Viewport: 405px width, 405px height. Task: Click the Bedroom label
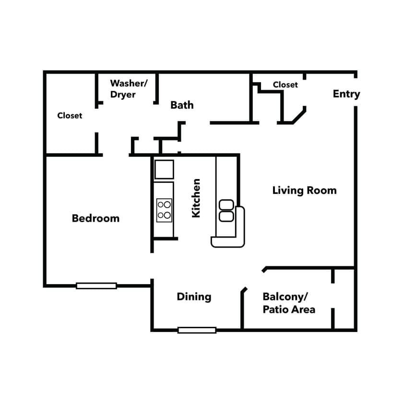pos(95,218)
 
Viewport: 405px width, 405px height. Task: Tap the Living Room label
pos(304,191)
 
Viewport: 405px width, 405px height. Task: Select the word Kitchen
pos(196,198)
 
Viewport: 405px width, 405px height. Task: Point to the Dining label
pos(194,297)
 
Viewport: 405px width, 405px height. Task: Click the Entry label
pos(346,94)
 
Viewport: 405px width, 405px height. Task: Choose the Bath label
pos(182,105)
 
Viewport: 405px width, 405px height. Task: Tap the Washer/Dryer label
pos(129,89)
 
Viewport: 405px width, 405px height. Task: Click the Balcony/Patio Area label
pos(288,303)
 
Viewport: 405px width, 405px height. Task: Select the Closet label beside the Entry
pos(285,85)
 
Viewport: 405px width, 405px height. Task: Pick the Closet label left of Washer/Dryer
pos(70,116)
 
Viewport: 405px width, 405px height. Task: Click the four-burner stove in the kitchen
pos(164,210)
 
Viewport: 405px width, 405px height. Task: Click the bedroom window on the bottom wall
pos(96,286)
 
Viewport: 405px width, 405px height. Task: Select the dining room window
pos(197,330)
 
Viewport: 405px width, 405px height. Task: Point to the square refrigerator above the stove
pos(164,169)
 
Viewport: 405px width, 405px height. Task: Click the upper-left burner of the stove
pos(161,205)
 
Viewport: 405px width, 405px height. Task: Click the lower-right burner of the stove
pos(167,215)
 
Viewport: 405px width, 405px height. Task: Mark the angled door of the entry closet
pos(299,116)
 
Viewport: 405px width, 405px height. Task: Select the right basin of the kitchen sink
pos(226,216)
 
